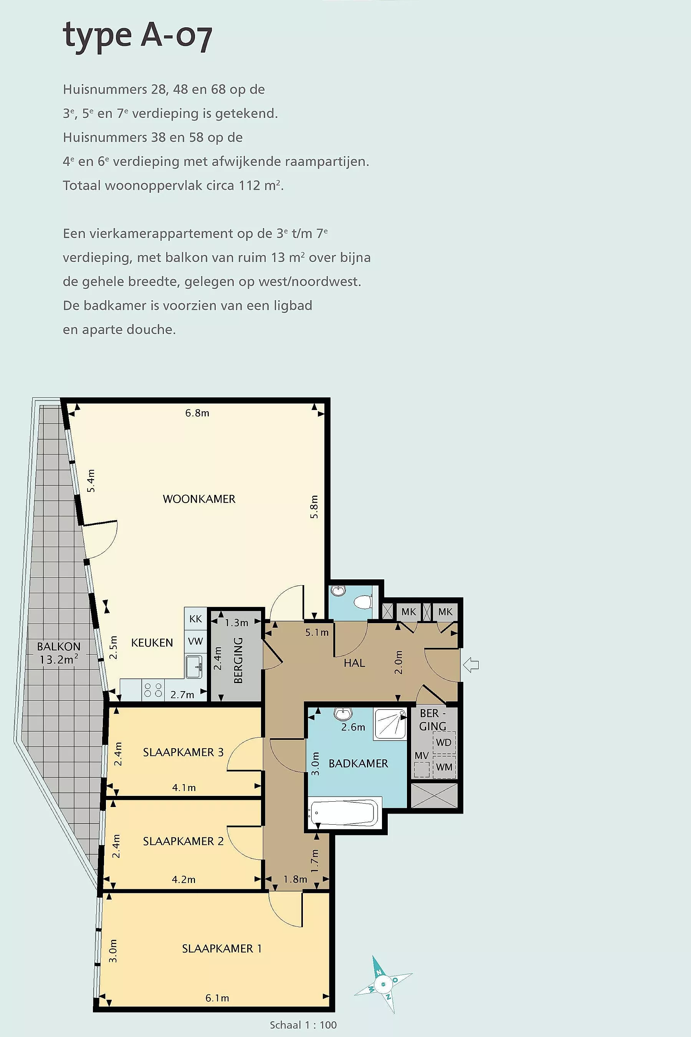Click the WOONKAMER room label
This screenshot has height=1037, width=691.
[x=199, y=499]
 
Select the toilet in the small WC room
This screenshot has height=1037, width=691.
[x=364, y=602]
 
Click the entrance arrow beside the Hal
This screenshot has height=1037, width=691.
[x=471, y=665]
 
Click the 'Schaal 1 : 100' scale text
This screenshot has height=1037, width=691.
[x=303, y=1025]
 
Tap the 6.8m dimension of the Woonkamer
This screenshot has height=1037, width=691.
[x=197, y=413]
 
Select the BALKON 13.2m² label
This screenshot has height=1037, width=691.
[x=59, y=653]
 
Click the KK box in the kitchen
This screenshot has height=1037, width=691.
[x=195, y=619]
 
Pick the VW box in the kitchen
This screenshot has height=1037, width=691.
[x=195, y=641]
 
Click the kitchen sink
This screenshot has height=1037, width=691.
[x=194, y=667]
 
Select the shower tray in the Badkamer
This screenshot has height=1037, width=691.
[x=390, y=724]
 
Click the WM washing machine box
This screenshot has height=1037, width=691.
[x=444, y=767]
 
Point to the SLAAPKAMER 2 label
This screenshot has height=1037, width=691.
[x=183, y=841]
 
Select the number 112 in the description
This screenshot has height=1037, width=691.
[x=250, y=185]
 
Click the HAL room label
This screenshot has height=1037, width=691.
[x=354, y=663]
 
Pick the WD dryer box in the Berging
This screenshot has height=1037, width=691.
[x=444, y=743]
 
